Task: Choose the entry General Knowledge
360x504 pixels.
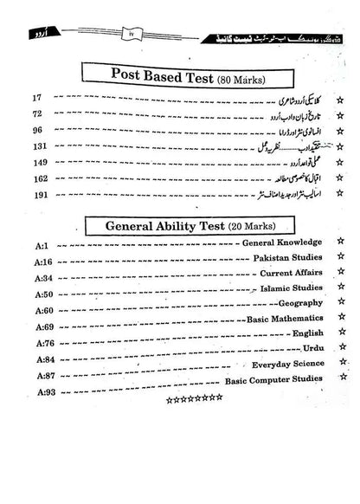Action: click(282, 244)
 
